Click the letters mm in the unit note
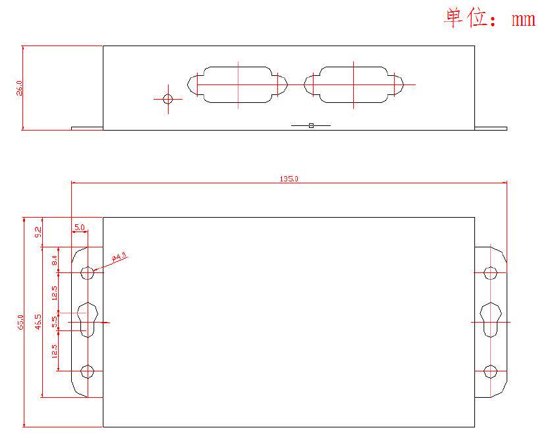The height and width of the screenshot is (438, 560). pyautogui.click(x=524, y=19)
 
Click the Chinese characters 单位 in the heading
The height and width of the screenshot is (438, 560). pyautogui.click(x=465, y=18)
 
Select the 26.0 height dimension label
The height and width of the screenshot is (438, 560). pyautogui.click(x=20, y=88)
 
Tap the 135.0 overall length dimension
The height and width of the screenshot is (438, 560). pyautogui.click(x=289, y=179)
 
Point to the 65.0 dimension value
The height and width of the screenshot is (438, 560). pyautogui.click(x=21, y=322)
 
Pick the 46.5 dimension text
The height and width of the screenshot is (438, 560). pyautogui.click(x=39, y=322)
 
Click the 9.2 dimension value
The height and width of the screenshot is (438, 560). pyautogui.click(x=38, y=232)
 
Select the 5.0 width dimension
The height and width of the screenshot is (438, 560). pyautogui.click(x=80, y=228)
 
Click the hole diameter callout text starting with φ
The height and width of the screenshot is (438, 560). pyautogui.click(x=119, y=258)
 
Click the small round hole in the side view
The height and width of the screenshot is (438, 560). pyautogui.click(x=167, y=99)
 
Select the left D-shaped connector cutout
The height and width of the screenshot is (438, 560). pyautogui.click(x=238, y=84)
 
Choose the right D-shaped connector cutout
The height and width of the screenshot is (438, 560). pyautogui.click(x=353, y=84)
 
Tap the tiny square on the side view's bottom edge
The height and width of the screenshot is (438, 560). pyautogui.click(x=311, y=125)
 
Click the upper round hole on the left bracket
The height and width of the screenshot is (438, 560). pyautogui.click(x=87, y=272)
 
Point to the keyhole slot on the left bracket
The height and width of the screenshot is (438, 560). pyautogui.click(x=88, y=320)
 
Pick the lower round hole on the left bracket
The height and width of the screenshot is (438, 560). pyautogui.click(x=87, y=371)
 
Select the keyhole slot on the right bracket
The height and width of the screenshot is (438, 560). pyautogui.click(x=490, y=320)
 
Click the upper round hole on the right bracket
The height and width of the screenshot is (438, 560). pyautogui.click(x=490, y=272)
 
